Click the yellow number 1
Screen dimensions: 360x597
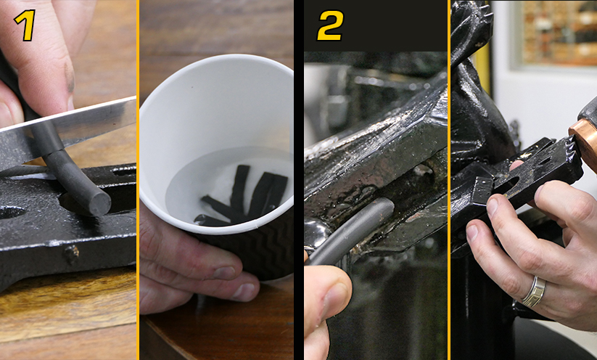point(25,25)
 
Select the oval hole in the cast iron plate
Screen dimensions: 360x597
point(9,212)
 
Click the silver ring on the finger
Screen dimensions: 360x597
point(532,290)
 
